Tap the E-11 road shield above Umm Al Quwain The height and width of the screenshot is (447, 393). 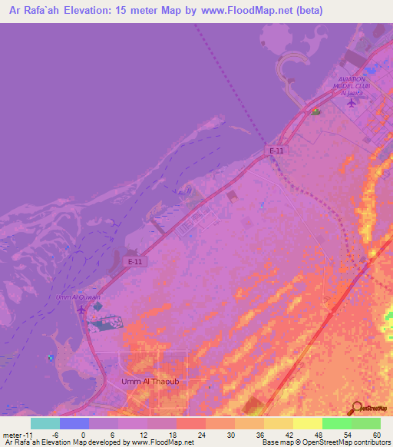click(135, 261)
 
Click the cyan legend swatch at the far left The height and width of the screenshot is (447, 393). click(45, 423)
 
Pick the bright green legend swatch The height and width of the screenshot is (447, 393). click(336, 423)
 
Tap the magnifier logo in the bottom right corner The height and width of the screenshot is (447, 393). click(358, 408)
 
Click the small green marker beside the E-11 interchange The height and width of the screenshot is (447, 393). click(315, 113)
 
